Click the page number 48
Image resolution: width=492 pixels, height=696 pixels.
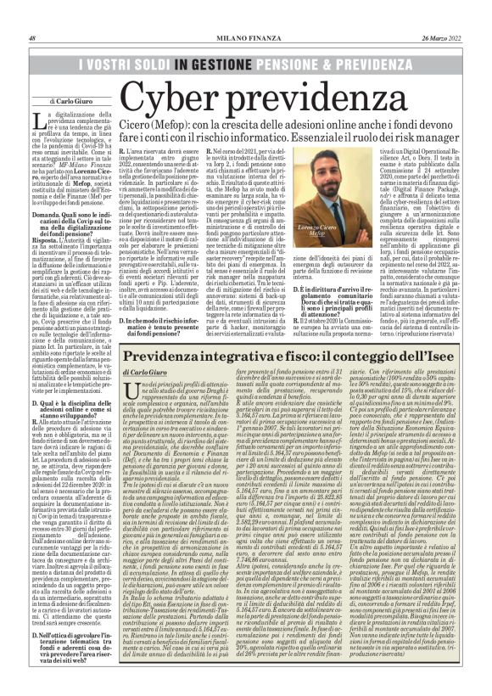coord(31,14)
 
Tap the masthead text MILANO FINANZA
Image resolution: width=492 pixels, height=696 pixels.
coord(246,14)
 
